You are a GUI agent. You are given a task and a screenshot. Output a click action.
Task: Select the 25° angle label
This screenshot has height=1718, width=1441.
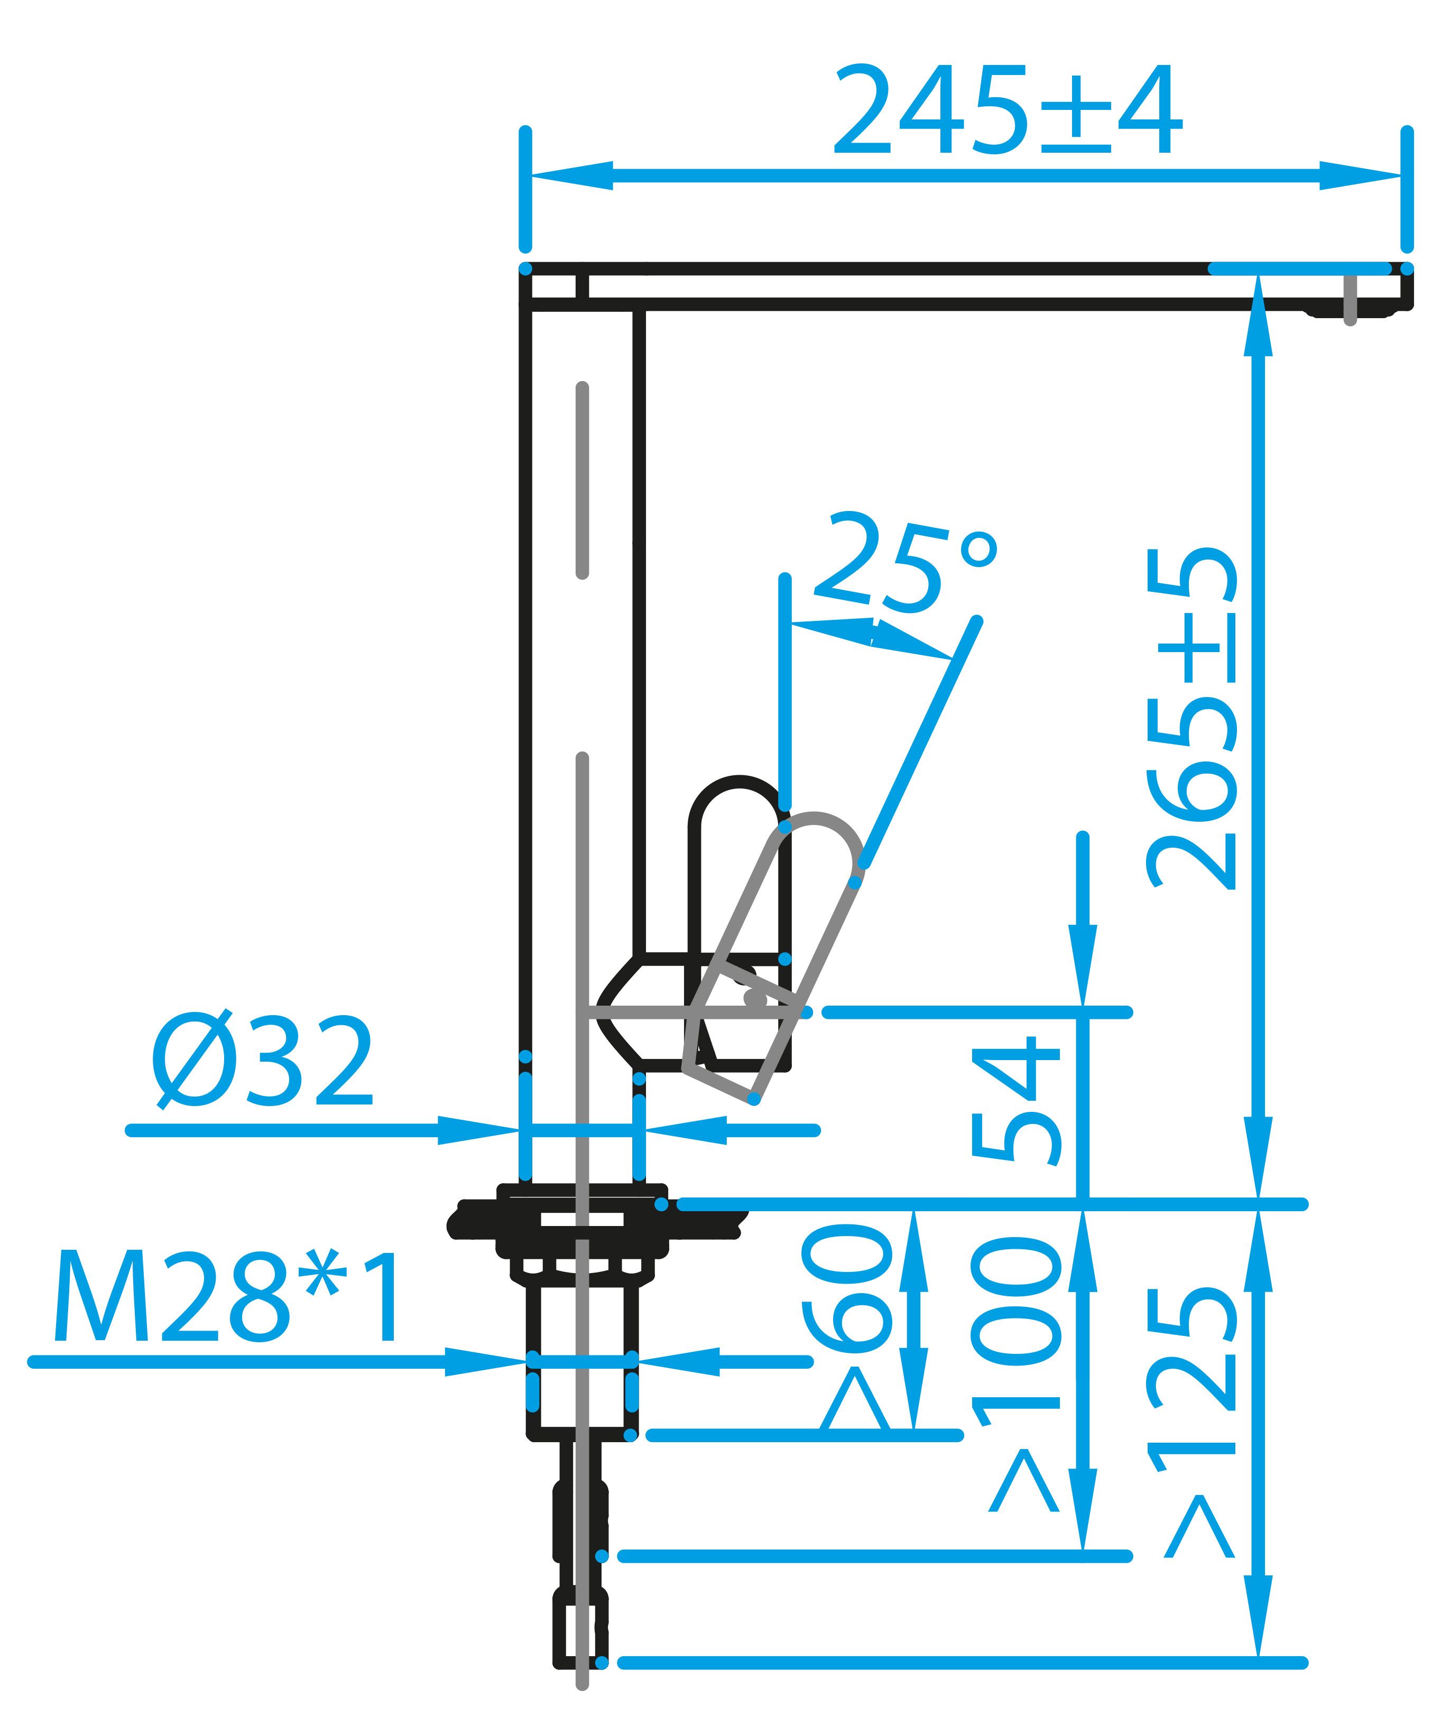click(904, 564)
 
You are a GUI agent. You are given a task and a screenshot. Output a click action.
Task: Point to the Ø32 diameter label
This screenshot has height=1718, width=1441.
click(263, 1064)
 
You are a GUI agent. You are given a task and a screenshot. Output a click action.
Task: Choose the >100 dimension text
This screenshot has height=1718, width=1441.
click(1017, 1375)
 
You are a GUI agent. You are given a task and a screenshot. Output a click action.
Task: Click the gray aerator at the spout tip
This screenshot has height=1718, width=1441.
click(1350, 300)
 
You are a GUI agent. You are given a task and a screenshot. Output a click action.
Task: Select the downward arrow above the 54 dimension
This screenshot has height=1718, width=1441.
click(1084, 965)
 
